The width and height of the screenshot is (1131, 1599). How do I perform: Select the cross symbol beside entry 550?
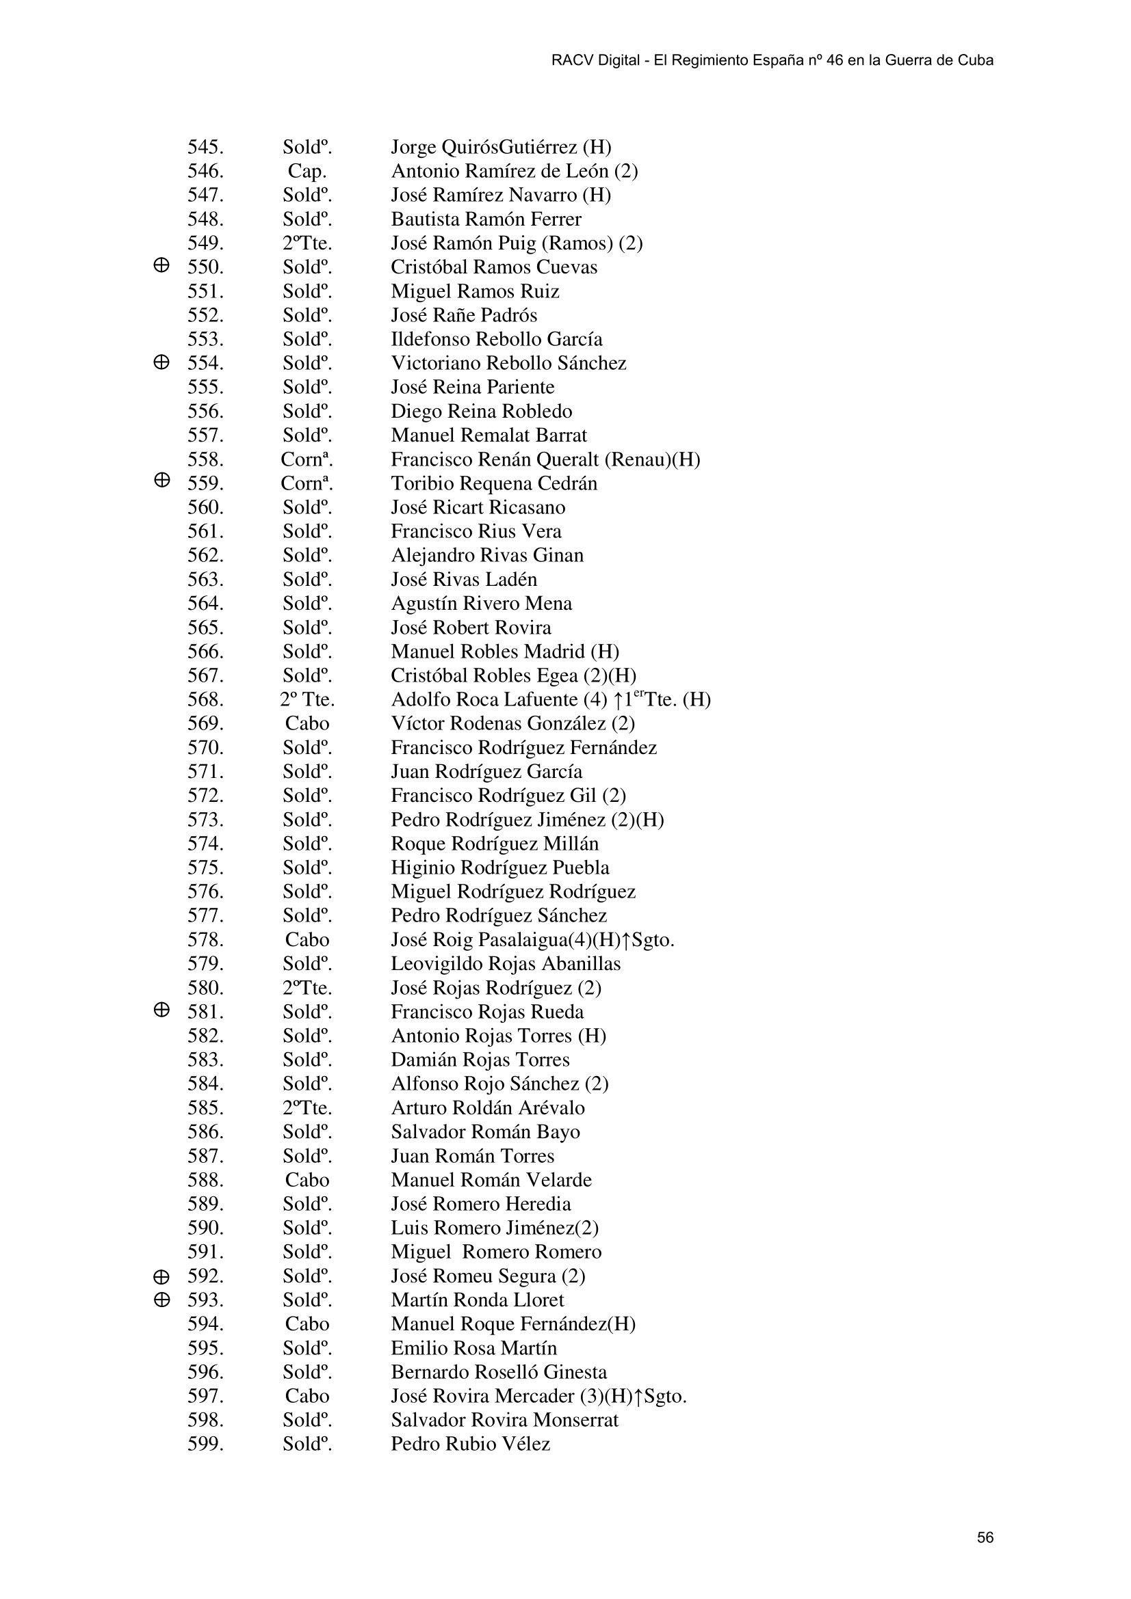click(x=161, y=265)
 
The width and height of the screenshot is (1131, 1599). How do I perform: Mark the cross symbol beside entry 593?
click(x=161, y=1300)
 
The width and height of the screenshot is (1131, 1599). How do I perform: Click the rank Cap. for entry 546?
click(x=307, y=172)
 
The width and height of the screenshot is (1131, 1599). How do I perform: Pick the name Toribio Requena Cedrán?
click(x=493, y=483)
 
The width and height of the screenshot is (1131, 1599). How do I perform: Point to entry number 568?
click(x=205, y=699)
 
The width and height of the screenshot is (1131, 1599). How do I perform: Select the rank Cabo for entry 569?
click(x=307, y=723)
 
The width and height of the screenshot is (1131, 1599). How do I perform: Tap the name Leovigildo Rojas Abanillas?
click(x=505, y=964)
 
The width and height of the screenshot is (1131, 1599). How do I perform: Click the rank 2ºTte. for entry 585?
click(x=307, y=1108)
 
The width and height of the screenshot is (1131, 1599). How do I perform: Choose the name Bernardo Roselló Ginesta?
click(x=498, y=1372)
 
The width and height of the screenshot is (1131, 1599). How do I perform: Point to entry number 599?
click(x=205, y=1445)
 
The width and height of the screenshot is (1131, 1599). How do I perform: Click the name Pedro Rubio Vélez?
click(x=470, y=1445)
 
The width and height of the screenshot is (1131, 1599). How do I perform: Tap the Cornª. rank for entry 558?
click(x=307, y=459)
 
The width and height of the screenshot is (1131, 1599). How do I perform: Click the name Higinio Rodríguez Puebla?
click(x=499, y=868)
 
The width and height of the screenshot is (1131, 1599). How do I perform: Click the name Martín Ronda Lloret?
click(x=478, y=1300)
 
